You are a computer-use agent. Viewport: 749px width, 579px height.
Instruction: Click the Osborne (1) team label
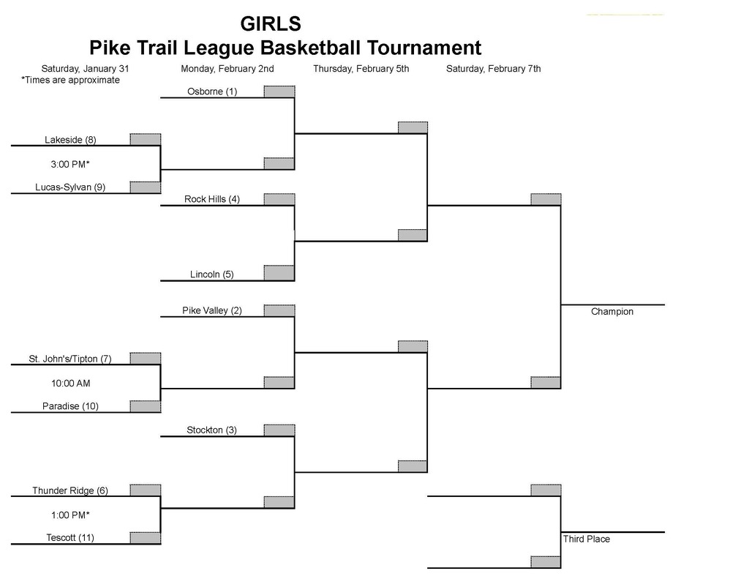[211, 91]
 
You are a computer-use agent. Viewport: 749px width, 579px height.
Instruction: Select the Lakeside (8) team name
[70, 139]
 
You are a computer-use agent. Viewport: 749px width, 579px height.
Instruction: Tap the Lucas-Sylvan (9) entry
[70, 187]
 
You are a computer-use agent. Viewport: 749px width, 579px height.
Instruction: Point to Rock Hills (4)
[212, 199]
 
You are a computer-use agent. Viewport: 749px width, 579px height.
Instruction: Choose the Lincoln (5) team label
[211, 274]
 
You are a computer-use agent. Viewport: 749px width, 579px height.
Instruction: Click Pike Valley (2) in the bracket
[212, 310]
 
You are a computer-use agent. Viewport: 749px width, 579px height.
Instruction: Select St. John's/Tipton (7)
[70, 359]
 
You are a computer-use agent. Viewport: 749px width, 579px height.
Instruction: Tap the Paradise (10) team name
[70, 406]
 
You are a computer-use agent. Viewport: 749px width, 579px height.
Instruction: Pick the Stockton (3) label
[211, 430]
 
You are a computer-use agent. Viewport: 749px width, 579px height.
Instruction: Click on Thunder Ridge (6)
[70, 490]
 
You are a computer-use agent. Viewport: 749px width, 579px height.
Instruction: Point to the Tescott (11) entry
[70, 538]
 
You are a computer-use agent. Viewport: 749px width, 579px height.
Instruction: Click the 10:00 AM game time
[70, 383]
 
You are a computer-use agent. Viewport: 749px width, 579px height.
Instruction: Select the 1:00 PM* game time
[70, 515]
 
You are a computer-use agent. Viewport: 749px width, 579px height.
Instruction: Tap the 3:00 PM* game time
[70, 163]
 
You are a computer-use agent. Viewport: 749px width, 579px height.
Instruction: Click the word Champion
[612, 312]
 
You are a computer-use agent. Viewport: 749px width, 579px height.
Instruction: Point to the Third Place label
[587, 539]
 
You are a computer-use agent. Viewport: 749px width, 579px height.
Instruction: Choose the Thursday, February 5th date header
[361, 69]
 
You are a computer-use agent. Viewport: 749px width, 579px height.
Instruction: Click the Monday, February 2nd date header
[227, 69]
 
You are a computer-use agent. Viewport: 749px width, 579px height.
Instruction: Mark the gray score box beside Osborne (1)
[279, 91]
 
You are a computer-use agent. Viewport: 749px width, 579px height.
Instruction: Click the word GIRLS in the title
[270, 23]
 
